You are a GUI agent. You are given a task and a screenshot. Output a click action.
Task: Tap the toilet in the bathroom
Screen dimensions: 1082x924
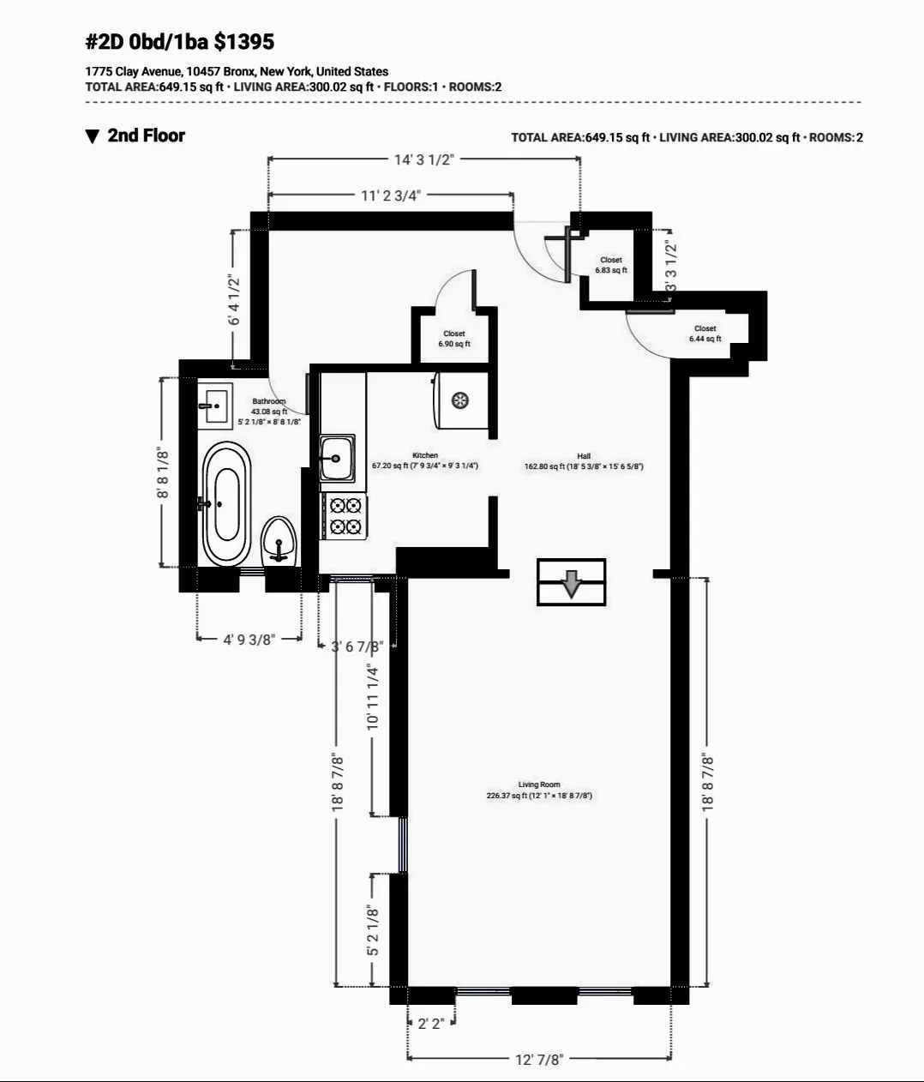click(278, 539)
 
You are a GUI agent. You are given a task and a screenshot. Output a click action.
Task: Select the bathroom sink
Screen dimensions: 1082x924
click(214, 405)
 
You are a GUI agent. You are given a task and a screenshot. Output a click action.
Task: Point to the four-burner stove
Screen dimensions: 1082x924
click(345, 516)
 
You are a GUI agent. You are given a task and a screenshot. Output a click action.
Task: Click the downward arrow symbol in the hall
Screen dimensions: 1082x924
click(571, 583)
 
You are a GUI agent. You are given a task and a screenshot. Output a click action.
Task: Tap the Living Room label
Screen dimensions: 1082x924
click(539, 784)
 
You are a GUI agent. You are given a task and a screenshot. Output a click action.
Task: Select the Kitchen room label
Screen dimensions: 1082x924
click(425, 455)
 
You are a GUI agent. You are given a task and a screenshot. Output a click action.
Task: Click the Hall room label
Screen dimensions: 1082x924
click(584, 456)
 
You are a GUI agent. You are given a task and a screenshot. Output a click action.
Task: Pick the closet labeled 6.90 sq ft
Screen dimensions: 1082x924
click(454, 339)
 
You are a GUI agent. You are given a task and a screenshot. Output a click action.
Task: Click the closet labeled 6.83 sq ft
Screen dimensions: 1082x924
click(611, 265)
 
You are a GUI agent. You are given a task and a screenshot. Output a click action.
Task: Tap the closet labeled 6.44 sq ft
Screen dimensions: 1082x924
click(705, 334)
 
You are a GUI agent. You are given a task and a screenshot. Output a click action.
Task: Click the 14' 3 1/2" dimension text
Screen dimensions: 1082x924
click(423, 159)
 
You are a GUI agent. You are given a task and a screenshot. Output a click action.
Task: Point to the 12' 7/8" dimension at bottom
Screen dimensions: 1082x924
click(539, 1060)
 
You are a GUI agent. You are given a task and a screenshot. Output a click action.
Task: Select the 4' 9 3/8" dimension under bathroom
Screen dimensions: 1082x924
click(249, 640)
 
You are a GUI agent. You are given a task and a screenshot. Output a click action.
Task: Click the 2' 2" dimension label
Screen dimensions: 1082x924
click(431, 1024)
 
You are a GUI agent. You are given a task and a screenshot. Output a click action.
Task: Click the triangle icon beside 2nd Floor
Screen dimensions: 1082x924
click(93, 136)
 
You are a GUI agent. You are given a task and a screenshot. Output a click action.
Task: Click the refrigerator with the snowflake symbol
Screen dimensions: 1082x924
click(460, 401)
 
